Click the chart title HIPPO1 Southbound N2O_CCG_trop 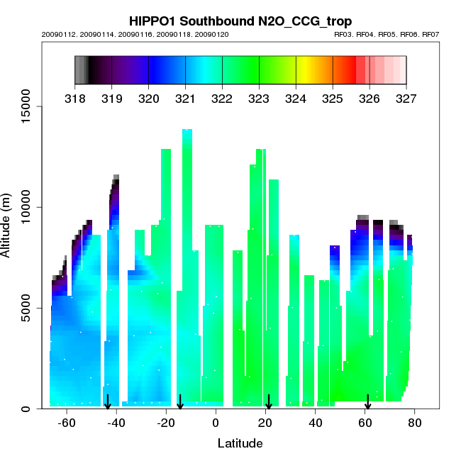(240, 21)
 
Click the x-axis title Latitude (240, 444)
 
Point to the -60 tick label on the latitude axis (66, 423)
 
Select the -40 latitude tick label (116, 423)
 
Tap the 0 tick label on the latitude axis (216, 423)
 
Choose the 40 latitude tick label (315, 423)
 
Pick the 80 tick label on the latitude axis (415, 423)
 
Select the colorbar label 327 (406, 99)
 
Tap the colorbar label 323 (259, 99)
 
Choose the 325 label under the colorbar (333, 99)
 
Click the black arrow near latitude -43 (108, 402)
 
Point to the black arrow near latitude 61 (367, 402)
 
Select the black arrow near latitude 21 (268, 402)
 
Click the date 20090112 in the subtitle (56, 34)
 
